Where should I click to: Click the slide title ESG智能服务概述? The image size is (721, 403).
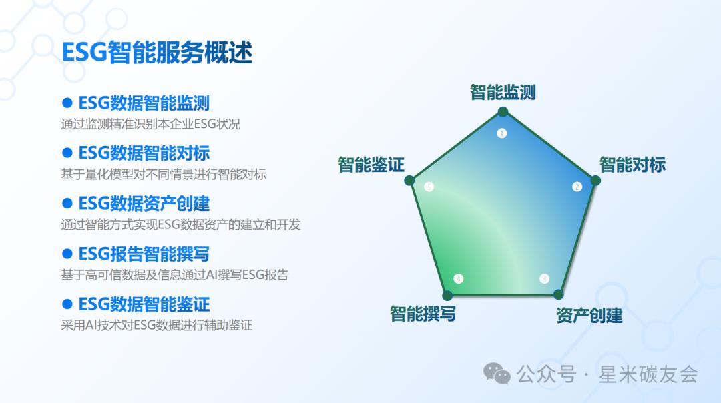tap(157, 53)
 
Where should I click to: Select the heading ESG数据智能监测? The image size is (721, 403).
tap(144, 103)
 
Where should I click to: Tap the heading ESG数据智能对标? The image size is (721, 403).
tap(144, 153)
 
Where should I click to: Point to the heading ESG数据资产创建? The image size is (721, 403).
tap(144, 204)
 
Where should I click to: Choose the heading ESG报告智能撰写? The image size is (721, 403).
tap(144, 254)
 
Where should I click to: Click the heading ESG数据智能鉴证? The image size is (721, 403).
tap(144, 304)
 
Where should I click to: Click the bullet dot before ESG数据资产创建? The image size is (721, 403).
tap(67, 203)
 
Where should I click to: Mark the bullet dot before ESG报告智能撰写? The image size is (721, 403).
tap(67, 253)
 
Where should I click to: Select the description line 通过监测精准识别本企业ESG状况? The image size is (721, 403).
tap(151, 124)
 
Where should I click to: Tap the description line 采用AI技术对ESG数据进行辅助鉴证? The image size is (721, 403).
tap(157, 326)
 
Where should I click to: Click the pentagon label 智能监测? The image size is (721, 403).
tap(503, 92)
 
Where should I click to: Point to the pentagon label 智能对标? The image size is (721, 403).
tap(632, 165)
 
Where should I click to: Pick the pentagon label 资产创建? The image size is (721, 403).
tap(589, 315)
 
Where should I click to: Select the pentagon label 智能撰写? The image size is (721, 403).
tap(423, 314)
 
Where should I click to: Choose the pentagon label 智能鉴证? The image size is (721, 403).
tap(371, 165)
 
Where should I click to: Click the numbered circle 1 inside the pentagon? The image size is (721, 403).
tap(501, 133)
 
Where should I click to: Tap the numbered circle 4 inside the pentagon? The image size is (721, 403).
tap(459, 278)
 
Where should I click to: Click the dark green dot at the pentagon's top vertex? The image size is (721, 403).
tap(503, 111)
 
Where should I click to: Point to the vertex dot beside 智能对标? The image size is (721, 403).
tap(595, 181)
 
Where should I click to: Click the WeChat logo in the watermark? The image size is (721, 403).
tap(497, 373)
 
